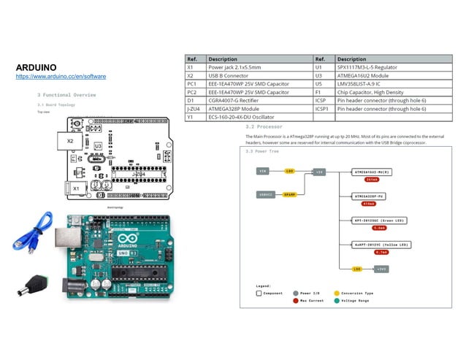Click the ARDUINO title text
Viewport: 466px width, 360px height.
37,67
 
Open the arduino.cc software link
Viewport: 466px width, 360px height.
61,77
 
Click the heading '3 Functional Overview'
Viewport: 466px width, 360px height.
66,95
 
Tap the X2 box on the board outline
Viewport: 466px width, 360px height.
70,140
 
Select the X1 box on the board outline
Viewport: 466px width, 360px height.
76,188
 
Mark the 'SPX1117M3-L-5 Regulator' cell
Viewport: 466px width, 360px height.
366,66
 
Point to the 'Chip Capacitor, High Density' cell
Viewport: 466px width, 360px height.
369,92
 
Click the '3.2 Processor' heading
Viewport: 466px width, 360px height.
263,126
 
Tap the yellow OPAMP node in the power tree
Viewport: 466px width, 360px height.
289,194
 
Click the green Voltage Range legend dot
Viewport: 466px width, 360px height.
336,300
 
